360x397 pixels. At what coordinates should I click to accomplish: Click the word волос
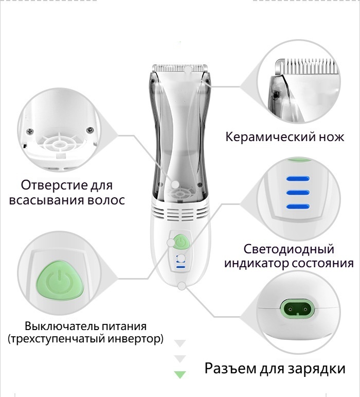coord(106,200)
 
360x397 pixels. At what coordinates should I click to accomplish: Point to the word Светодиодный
coord(289,249)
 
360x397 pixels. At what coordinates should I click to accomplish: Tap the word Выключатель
coord(62,326)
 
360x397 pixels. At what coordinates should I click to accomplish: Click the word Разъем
coord(230,368)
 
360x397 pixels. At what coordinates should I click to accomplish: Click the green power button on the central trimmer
coord(181,242)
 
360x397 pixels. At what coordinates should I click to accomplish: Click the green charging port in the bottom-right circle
coord(298,309)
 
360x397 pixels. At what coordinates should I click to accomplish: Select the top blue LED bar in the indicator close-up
coord(298,179)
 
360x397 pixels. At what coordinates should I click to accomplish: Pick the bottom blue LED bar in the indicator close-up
coord(298,206)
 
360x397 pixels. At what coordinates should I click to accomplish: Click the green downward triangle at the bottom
coord(180,374)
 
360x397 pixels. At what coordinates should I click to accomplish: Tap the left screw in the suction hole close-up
coord(30,131)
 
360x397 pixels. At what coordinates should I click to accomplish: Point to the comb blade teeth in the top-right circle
coord(310,66)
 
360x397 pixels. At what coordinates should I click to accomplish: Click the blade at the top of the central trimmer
coord(180,68)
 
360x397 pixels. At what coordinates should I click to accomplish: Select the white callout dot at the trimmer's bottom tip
coord(182,286)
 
